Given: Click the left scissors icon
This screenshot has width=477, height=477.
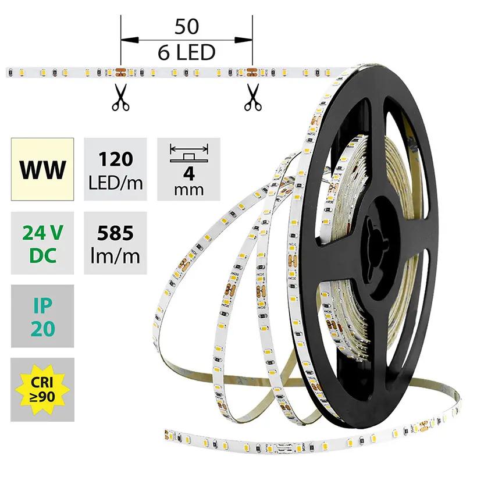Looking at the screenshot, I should (121, 97).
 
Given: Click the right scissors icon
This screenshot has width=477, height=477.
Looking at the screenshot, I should (252, 97).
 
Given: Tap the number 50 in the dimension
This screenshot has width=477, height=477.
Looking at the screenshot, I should (186, 27).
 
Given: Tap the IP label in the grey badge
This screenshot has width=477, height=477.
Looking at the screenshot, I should (42, 305).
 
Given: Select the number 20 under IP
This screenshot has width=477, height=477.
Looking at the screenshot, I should (42, 329).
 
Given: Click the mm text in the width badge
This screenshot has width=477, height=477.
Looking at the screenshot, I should (189, 190).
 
